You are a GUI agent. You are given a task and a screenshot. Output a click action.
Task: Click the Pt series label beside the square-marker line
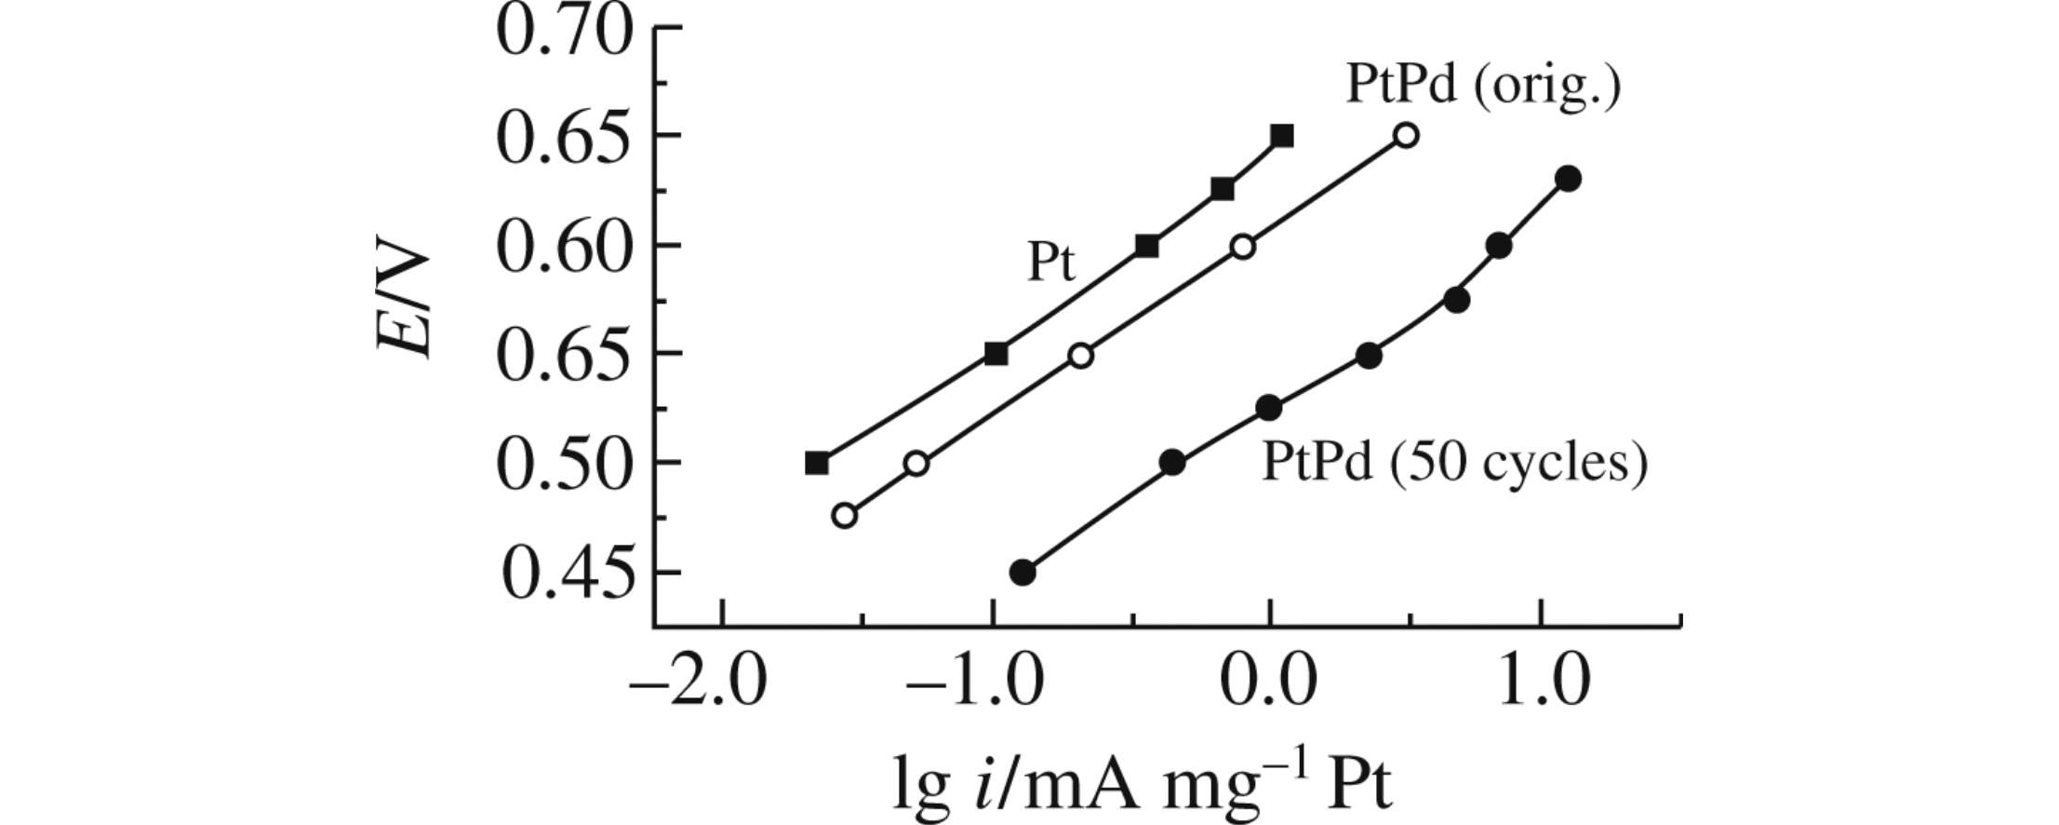click(x=1051, y=264)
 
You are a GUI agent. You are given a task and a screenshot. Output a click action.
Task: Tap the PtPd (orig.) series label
click(x=1483, y=86)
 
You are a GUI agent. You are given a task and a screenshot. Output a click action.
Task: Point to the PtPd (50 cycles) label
click(x=1453, y=463)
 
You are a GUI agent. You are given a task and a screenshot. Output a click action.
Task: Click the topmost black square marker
click(x=1282, y=136)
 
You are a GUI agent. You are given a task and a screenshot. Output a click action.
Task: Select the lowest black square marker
click(x=817, y=463)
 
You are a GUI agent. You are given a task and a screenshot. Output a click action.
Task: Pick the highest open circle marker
click(x=1407, y=136)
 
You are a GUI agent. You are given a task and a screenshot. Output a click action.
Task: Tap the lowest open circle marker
click(x=844, y=516)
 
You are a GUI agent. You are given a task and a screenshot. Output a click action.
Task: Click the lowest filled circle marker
click(x=1023, y=573)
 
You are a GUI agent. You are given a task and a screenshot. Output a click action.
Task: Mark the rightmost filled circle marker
click(x=1569, y=179)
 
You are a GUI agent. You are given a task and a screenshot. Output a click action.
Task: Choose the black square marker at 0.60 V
click(x=1147, y=247)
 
